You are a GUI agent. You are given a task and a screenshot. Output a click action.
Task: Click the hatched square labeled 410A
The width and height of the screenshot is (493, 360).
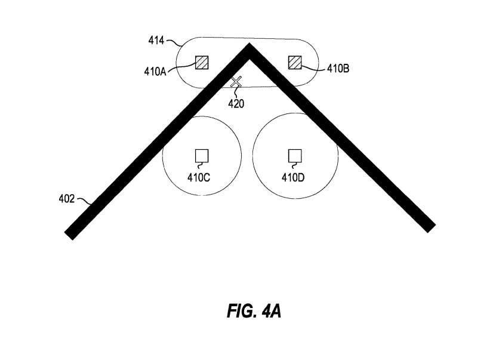[x=202, y=63]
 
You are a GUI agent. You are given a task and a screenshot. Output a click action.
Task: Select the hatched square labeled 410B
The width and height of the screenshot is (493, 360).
[x=295, y=62]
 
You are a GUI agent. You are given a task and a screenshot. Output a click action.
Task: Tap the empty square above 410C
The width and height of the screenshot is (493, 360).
[x=202, y=156]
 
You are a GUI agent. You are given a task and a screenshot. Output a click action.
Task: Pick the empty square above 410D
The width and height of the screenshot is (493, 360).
[x=295, y=156]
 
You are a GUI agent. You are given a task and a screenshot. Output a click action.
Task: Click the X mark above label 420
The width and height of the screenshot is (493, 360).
[x=236, y=82]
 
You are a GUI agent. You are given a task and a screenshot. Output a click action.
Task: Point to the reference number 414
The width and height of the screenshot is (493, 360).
[x=156, y=41]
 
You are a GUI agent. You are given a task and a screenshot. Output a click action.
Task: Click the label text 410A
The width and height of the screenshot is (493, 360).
[x=155, y=72]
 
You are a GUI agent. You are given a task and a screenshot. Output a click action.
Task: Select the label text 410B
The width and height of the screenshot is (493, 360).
[x=338, y=69]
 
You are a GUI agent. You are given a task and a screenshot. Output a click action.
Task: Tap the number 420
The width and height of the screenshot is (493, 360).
[x=236, y=104]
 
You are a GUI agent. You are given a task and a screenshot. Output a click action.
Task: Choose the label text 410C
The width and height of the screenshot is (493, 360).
[x=199, y=178]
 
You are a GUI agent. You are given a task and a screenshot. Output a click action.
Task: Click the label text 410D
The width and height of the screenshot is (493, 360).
[x=293, y=178]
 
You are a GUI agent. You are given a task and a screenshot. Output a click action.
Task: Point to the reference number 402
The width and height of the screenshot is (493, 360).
[x=67, y=199]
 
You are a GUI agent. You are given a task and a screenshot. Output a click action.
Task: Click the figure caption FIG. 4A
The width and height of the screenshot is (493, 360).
[x=254, y=311]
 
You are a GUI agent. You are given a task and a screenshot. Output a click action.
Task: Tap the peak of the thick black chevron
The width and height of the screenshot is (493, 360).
[x=249, y=44]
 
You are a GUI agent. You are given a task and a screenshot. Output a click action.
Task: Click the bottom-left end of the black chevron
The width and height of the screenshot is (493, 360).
[x=69, y=236]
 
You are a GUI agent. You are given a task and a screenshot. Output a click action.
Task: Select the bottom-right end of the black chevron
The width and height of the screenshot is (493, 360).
[x=432, y=229]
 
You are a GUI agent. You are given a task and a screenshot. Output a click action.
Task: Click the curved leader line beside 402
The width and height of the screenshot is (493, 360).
[x=84, y=201]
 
